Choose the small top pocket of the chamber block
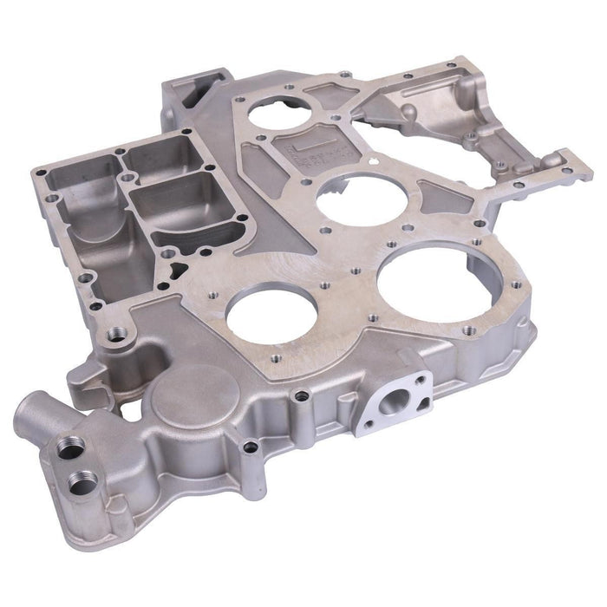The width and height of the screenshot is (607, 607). [x=153, y=156]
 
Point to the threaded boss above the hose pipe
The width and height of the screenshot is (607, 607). [x=115, y=333]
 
